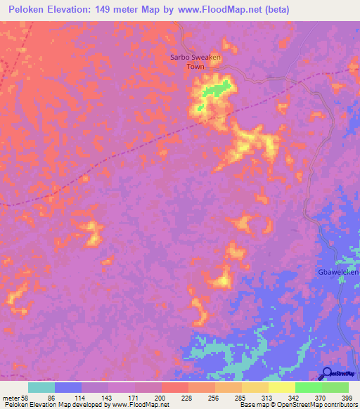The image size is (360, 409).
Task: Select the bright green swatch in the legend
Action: pos(308,387)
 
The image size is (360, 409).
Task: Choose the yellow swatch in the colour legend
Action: pos(255,387)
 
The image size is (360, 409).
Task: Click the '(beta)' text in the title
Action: pos(273,10)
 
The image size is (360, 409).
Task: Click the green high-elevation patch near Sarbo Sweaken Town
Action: pos(218,89)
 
